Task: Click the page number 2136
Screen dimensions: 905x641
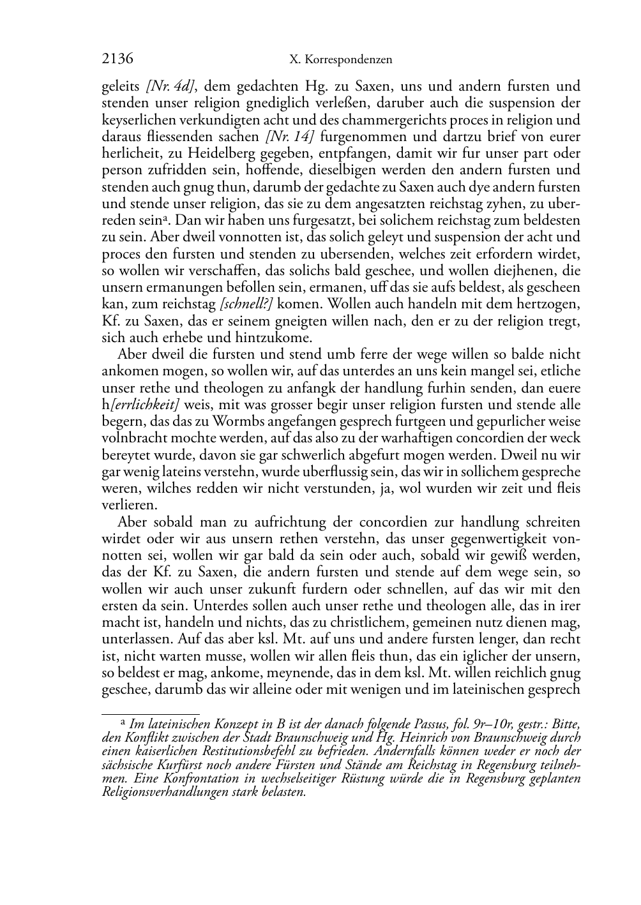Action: point(117,59)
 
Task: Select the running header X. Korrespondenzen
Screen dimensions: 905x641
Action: point(340,60)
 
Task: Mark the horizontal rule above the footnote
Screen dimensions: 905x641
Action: point(151,714)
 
